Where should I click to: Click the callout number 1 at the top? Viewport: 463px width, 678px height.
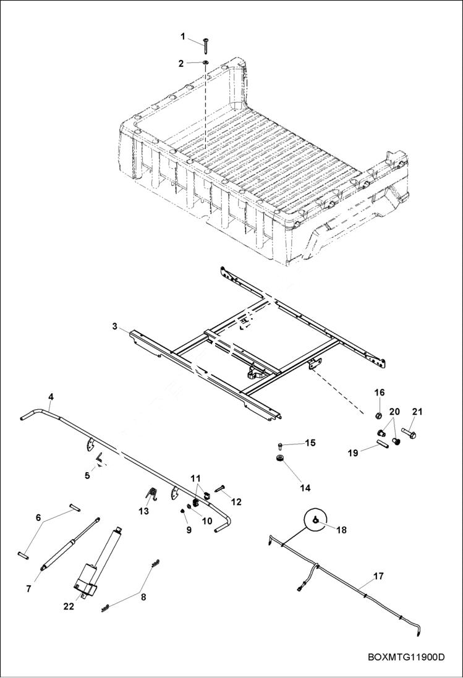tap(183, 36)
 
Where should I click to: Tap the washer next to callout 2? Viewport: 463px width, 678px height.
tap(205, 63)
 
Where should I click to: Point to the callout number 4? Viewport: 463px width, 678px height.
tap(51, 396)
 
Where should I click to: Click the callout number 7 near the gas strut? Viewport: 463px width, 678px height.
tap(28, 589)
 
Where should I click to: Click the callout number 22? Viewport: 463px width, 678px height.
tap(68, 606)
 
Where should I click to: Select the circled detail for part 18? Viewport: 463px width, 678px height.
tap(315, 521)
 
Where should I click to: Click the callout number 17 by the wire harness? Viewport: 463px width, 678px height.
tap(378, 576)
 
